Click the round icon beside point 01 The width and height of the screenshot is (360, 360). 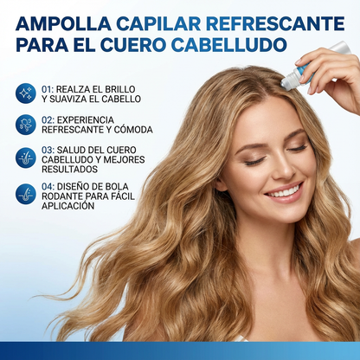click(x=26, y=93)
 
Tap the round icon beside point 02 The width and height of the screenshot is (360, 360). click(x=26, y=125)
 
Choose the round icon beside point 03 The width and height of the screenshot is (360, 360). click(x=26, y=157)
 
